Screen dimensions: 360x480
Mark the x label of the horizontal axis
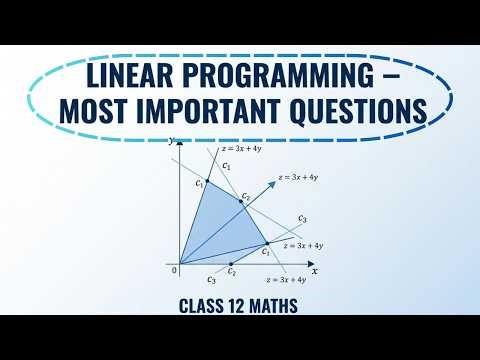pyautogui.click(x=314, y=271)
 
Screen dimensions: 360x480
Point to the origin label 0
pyautogui.click(x=174, y=271)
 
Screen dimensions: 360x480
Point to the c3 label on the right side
pyautogui.click(x=302, y=218)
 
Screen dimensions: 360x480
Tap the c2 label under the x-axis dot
pyautogui.click(x=231, y=271)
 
